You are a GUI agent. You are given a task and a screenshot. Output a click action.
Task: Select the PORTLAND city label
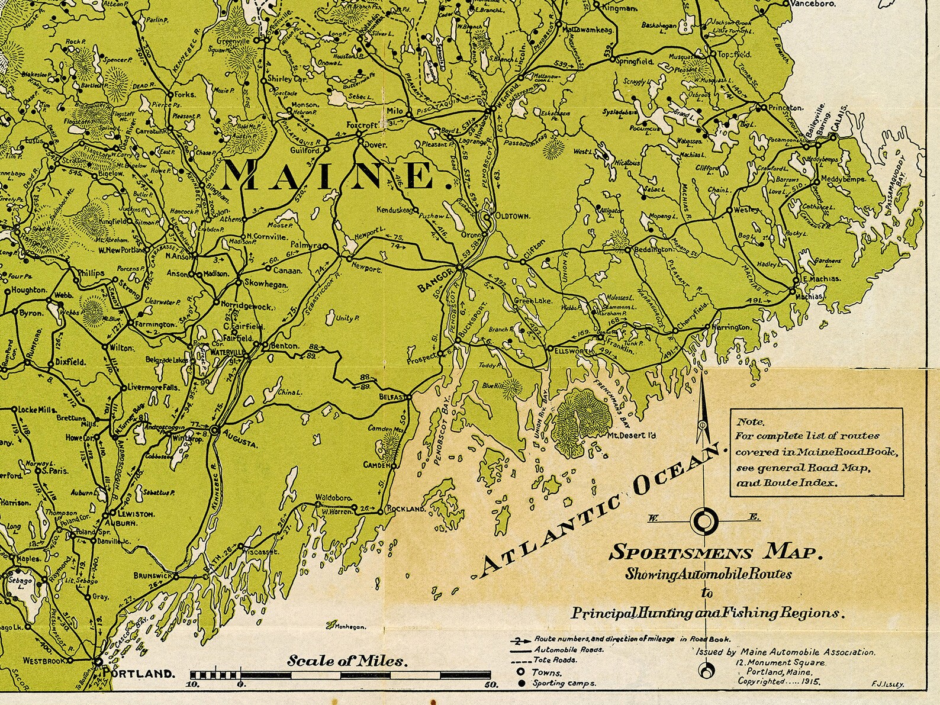pos(139,674)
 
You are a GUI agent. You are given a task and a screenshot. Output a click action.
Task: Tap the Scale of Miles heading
pos(348,661)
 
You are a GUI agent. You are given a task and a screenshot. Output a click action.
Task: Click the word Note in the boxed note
pos(750,423)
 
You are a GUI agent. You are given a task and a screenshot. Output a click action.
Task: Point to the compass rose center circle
pos(703,521)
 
